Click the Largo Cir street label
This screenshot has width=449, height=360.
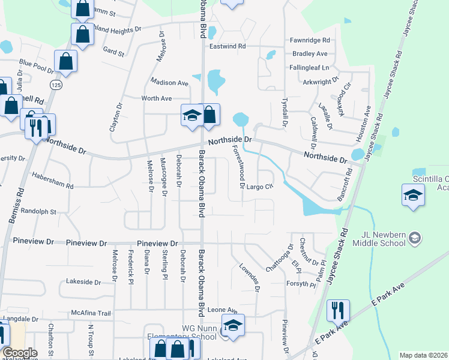[x=260, y=187]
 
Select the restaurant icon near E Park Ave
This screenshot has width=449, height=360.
[x=338, y=311]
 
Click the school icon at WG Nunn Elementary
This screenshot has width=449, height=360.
[x=233, y=326]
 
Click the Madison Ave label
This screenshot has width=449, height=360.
[x=170, y=83]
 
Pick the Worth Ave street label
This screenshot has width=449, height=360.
[x=157, y=98]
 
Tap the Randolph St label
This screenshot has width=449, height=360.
[x=38, y=212]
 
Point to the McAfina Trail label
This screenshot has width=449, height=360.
[x=91, y=313]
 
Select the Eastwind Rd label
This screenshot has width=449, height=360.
[x=228, y=46]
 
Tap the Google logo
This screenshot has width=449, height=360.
[x=20, y=352]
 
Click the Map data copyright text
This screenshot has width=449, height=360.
[x=424, y=355]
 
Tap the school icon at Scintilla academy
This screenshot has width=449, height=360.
[x=414, y=195]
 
